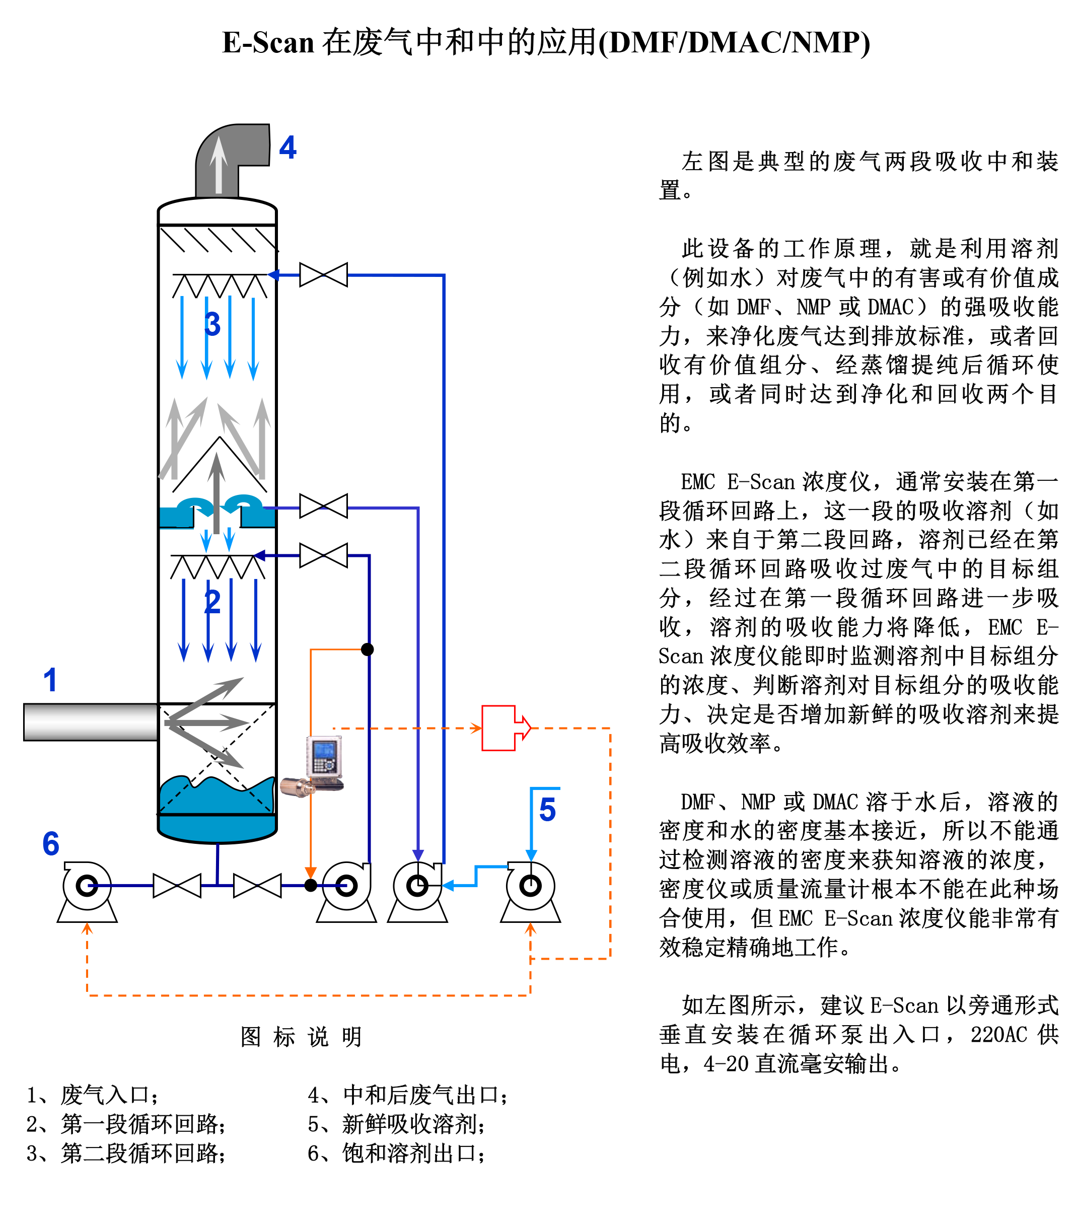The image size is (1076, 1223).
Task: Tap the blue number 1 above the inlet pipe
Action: pyautogui.click(x=50, y=680)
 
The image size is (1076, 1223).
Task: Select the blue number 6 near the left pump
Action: pyautogui.click(x=51, y=844)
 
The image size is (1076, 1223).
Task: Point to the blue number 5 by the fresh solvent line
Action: pyautogui.click(x=547, y=810)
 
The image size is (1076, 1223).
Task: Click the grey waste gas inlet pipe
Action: pyautogui.click(x=90, y=722)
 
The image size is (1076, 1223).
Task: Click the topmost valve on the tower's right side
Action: pyautogui.click(x=323, y=275)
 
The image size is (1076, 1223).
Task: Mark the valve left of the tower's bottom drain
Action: pyautogui.click(x=177, y=886)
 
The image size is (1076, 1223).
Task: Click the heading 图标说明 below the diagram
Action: pyautogui.click(x=301, y=1037)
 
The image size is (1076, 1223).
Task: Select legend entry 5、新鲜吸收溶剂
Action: pyautogui.click(x=396, y=1124)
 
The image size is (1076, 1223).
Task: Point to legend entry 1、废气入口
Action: pyautogui.click(x=93, y=1095)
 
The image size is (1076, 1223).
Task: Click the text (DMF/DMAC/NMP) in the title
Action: pyautogui.click(x=734, y=43)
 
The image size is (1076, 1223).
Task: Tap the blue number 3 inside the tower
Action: pyautogui.click(x=212, y=324)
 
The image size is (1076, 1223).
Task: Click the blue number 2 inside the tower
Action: pyautogui.click(x=212, y=602)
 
